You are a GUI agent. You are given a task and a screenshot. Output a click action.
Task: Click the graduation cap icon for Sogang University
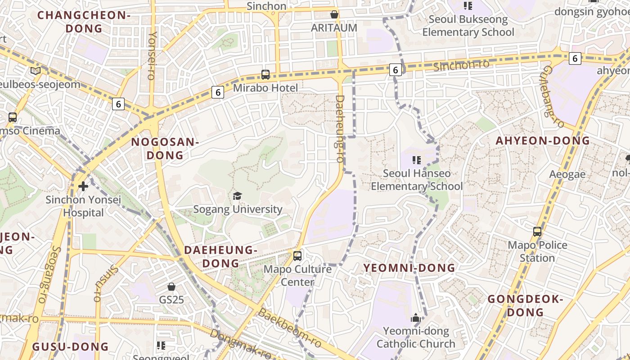[x=237, y=196]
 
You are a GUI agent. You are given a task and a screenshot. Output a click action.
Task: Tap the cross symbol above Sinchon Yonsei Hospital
[x=83, y=186]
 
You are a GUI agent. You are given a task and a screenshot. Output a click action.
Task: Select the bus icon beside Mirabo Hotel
[x=265, y=75]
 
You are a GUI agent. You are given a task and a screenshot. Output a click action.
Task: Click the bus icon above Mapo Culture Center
[x=297, y=256]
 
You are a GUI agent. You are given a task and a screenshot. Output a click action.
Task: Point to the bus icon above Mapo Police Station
[x=537, y=232]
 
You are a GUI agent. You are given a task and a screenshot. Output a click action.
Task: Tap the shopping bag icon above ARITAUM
[x=334, y=14]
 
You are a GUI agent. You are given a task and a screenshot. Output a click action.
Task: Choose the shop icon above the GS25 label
[x=171, y=287]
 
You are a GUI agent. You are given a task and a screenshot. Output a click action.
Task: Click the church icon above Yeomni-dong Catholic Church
[x=416, y=318]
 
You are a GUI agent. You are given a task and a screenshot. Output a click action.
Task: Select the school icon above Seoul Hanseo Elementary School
[x=417, y=160]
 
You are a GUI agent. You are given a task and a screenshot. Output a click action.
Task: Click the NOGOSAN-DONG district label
[x=165, y=148]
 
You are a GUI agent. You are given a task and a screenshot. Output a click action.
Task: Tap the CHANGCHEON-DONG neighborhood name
[x=84, y=22]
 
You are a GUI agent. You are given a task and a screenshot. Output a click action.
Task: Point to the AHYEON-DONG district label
[x=543, y=140]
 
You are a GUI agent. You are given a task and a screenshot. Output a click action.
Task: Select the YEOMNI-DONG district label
[x=409, y=268]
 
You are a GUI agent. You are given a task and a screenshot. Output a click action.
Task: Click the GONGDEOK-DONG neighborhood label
[x=525, y=305]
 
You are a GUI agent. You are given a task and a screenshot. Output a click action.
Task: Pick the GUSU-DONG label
[x=71, y=346]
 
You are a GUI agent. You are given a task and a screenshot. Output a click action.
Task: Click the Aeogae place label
[x=567, y=174]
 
